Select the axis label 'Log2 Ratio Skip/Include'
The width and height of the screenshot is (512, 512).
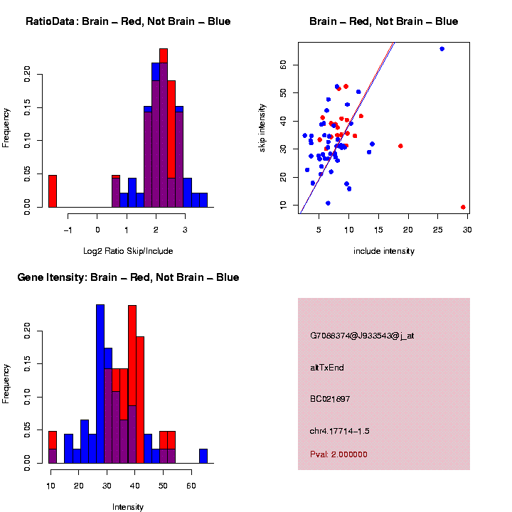(128, 250)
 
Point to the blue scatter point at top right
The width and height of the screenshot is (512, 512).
(442, 49)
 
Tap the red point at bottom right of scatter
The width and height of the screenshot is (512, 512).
(463, 207)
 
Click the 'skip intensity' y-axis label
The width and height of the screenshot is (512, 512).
(262, 127)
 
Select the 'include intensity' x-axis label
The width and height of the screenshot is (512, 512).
(384, 251)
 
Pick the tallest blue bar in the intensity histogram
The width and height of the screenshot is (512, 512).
(100, 384)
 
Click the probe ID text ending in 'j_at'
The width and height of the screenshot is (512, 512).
(362, 336)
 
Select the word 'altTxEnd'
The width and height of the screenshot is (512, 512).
(327, 368)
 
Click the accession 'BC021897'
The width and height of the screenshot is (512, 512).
(331, 399)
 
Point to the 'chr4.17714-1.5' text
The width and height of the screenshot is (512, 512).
(340, 431)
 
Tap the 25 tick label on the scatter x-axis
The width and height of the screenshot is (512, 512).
(438, 229)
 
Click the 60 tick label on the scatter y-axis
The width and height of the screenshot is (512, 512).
(283, 64)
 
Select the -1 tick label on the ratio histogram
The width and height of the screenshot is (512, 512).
(68, 229)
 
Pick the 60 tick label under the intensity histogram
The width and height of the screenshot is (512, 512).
(191, 485)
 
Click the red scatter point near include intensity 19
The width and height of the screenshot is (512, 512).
(400, 146)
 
